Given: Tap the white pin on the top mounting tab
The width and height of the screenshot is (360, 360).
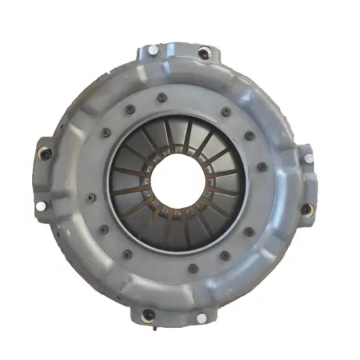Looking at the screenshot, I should [x=153, y=50].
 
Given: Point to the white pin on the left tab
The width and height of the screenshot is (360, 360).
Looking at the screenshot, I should [x=41, y=206].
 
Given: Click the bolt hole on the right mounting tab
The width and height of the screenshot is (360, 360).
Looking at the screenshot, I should [x=306, y=209].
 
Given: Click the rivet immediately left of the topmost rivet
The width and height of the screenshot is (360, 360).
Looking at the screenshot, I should [x=129, y=108].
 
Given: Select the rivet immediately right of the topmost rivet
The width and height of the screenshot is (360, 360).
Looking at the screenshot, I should [x=226, y=111].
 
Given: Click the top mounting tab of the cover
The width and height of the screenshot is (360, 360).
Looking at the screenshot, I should [x=177, y=52].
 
